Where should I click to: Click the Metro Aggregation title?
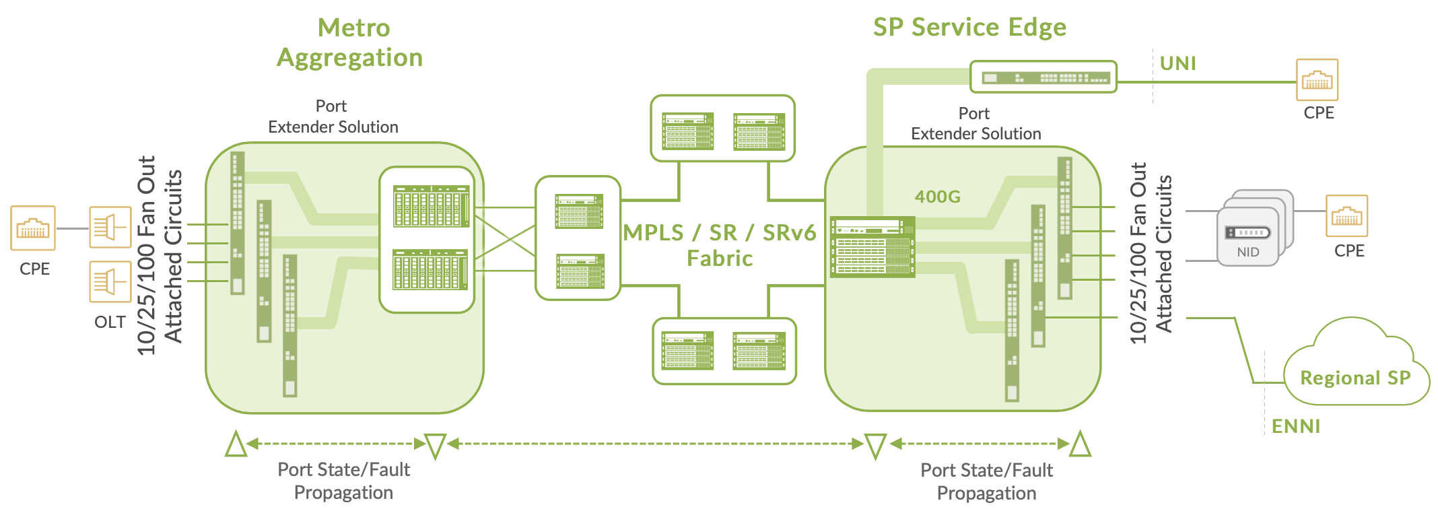click(351, 42)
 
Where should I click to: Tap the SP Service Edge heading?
click(969, 28)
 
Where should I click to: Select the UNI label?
click(1177, 63)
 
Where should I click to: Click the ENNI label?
click(1295, 426)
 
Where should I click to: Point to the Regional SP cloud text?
click(1355, 378)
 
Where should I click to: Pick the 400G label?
click(937, 197)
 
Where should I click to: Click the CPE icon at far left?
click(33, 228)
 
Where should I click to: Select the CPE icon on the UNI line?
click(1317, 80)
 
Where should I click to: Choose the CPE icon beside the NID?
click(1346, 215)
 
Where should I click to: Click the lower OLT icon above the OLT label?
click(110, 281)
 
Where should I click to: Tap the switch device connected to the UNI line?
click(1043, 77)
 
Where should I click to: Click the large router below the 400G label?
click(872, 247)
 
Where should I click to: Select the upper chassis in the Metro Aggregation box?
click(431, 206)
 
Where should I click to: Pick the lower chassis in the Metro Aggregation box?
click(430, 269)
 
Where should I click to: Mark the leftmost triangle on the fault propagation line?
click(236, 444)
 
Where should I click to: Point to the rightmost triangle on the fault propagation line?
click(1081, 444)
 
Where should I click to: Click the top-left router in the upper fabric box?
click(687, 131)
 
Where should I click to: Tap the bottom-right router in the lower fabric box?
click(759, 351)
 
